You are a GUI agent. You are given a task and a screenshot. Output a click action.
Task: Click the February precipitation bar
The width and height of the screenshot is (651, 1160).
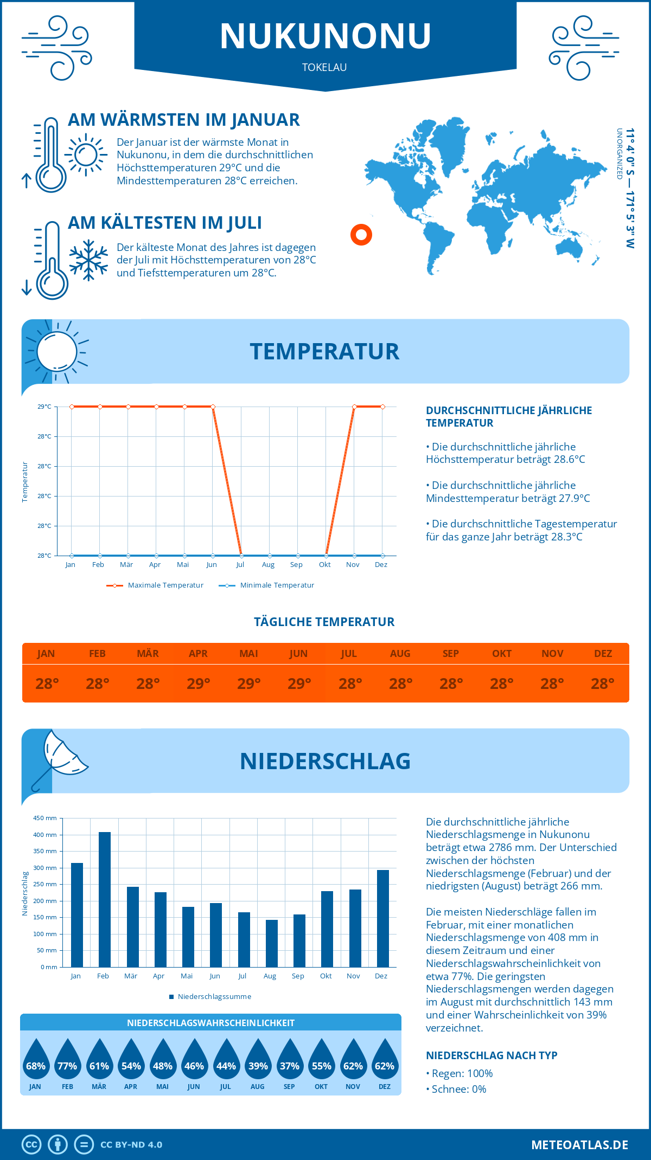click(x=104, y=900)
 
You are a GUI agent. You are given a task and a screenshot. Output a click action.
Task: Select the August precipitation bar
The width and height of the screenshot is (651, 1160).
click(x=271, y=944)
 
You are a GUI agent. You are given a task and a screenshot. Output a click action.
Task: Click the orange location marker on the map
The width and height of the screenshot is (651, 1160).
click(x=361, y=235)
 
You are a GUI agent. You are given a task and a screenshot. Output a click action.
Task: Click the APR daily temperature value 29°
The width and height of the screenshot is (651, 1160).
click(x=198, y=684)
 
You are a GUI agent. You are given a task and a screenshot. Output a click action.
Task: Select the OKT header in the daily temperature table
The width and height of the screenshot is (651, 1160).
click(x=501, y=653)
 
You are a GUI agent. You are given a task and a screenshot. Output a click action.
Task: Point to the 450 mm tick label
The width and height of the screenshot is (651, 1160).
click(x=45, y=818)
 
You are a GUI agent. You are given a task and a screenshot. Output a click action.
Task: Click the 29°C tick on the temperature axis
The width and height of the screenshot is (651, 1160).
click(x=44, y=407)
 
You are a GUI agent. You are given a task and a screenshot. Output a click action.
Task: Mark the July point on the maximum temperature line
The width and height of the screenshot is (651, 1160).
click(x=241, y=556)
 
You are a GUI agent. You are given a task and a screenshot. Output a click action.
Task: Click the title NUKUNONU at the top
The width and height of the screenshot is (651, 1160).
click(x=325, y=36)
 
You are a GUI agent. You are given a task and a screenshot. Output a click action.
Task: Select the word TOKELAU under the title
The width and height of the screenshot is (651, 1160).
click(x=324, y=67)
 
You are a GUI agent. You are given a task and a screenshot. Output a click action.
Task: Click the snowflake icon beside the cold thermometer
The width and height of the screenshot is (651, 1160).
click(x=88, y=260)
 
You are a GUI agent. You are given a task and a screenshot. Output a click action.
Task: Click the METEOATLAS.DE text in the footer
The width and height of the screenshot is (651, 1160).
click(x=579, y=1145)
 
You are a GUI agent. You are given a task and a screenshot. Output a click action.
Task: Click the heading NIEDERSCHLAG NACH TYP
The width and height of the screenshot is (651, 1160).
click(x=492, y=1055)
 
